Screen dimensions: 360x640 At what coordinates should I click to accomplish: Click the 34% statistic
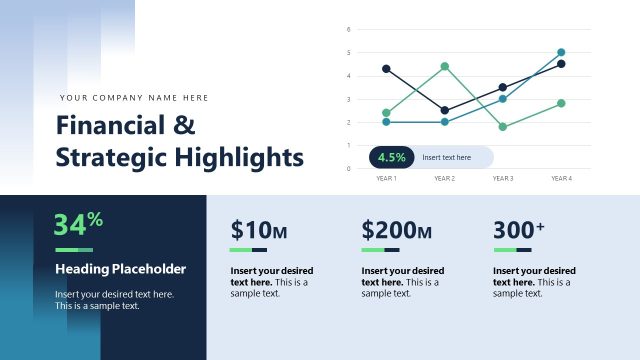(x=78, y=223)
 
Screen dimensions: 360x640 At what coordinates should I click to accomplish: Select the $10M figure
(x=258, y=230)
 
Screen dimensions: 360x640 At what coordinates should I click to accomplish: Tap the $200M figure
(x=396, y=230)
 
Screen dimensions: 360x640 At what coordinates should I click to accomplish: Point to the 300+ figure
(x=519, y=230)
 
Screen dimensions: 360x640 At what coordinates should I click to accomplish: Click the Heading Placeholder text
(x=120, y=269)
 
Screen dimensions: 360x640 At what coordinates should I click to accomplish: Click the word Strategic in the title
(x=111, y=157)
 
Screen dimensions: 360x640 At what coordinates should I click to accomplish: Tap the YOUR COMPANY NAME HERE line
(x=134, y=98)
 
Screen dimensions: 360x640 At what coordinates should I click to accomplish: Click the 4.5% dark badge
(x=391, y=157)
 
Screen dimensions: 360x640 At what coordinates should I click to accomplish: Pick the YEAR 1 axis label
(x=386, y=178)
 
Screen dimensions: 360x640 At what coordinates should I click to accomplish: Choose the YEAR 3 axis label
(x=503, y=178)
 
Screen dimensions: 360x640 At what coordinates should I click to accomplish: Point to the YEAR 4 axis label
(x=561, y=178)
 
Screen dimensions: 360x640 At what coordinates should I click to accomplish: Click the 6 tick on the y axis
(x=348, y=29)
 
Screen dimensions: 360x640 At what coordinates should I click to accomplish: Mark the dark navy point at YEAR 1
(x=386, y=69)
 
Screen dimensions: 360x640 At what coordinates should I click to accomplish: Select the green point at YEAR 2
(x=444, y=66)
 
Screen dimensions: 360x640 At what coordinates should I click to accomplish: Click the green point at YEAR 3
(x=503, y=127)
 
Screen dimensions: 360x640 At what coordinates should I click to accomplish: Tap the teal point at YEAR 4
(x=561, y=52)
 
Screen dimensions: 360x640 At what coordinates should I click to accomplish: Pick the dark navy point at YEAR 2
(x=444, y=111)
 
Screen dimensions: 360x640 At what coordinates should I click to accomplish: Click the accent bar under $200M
(x=380, y=249)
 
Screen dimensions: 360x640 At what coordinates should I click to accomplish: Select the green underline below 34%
(x=73, y=249)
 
